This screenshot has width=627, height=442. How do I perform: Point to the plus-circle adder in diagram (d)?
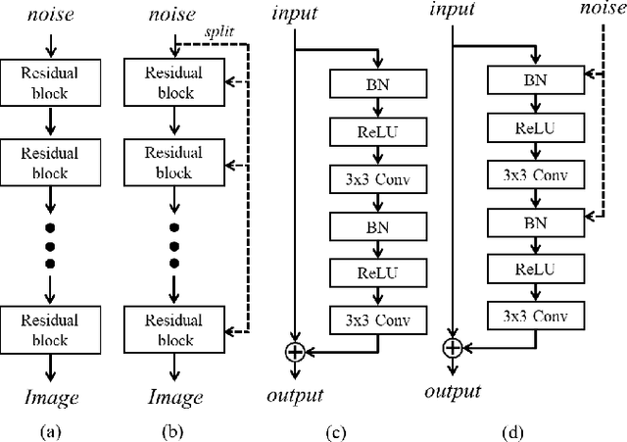(x=452, y=346)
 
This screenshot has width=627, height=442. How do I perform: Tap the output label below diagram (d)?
(x=453, y=391)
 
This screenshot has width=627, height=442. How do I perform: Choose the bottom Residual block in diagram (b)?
(x=174, y=328)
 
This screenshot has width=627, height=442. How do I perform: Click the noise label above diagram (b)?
(x=174, y=16)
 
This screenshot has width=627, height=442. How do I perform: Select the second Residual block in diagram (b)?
(x=174, y=162)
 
